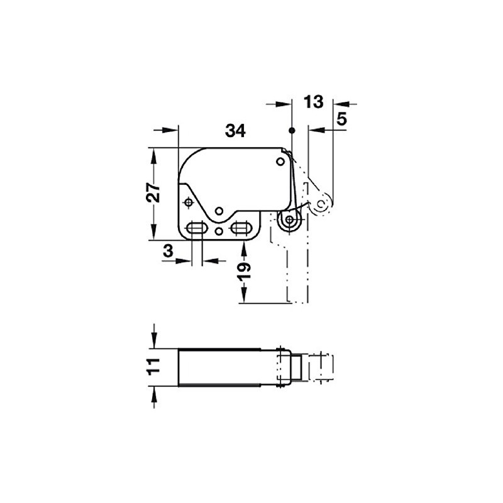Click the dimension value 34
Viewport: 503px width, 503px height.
pos(235,131)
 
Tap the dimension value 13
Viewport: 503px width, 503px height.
pos(312,101)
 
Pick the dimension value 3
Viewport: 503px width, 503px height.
pos(167,250)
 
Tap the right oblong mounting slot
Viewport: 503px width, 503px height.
pos(241,228)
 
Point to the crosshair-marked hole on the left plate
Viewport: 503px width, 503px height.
pos(189,202)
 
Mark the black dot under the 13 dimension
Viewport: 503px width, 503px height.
pos(292,130)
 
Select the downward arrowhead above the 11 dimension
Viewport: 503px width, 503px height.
pos(154,342)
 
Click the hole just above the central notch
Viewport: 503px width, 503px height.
pos(219,210)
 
